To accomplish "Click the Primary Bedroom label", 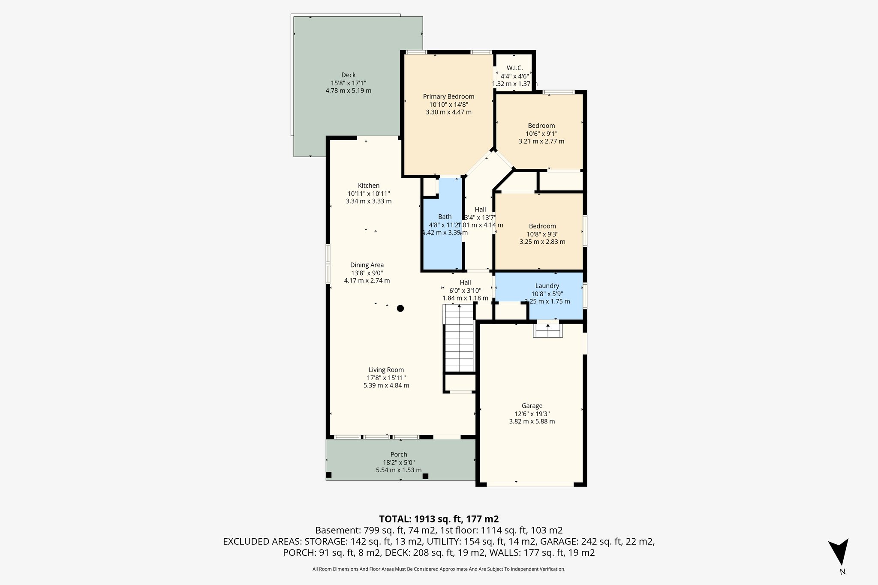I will pyautogui.click(x=448, y=96).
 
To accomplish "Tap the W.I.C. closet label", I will pyautogui.click(x=514, y=68).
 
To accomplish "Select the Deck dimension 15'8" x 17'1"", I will pyautogui.click(x=348, y=83).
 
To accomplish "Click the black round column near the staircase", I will pyautogui.click(x=400, y=308).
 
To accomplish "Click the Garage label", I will pyautogui.click(x=532, y=406).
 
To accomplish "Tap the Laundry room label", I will pyautogui.click(x=547, y=286).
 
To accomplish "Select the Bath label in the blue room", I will pyautogui.click(x=445, y=217).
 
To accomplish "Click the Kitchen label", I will pyautogui.click(x=369, y=186).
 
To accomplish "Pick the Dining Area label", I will pyautogui.click(x=367, y=265).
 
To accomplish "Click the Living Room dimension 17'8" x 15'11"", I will pyautogui.click(x=386, y=378).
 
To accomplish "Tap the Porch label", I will pyautogui.click(x=399, y=454).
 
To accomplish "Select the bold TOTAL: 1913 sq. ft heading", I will pyautogui.click(x=439, y=519).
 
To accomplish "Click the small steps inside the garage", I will pyautogui.click(x=548, y=330).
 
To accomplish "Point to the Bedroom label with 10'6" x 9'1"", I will pyautogui.click(x=541, y=126).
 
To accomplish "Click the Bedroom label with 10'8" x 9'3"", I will pyautogui.click(x=542, y=226).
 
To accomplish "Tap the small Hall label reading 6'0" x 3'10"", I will pyautogui.click(x=465, y=282).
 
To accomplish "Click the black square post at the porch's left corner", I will pyautogui.click(x=329, y=475).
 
